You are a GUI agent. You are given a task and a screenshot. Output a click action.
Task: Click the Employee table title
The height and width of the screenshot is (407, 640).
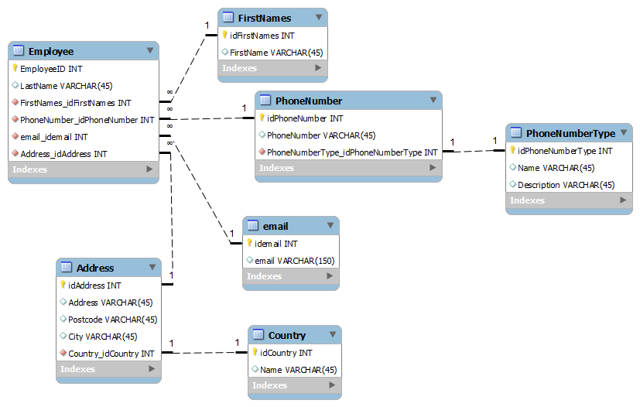tap(51, 51)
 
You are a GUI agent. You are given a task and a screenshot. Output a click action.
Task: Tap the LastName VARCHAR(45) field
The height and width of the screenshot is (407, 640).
tap(66, 86)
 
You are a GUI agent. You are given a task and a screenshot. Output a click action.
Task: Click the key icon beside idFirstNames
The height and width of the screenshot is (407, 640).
tap(225, 35)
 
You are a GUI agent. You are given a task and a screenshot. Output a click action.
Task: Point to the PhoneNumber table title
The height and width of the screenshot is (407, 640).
tap(308, 101)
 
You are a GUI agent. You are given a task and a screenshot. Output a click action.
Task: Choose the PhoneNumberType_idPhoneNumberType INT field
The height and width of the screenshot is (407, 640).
tap(352, 152)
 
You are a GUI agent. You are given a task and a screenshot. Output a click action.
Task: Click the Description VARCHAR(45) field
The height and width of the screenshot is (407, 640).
tap(566, 185)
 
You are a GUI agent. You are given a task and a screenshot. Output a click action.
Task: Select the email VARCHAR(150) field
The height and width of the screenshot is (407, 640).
tap(294, 261)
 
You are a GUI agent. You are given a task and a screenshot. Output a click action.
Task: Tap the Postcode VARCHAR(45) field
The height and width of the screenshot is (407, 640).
tap(112, 320)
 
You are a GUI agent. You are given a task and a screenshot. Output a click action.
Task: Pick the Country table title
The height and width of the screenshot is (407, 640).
tap(286, 335)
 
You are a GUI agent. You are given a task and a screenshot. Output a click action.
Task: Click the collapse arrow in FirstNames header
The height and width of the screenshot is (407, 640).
tap(318, 17)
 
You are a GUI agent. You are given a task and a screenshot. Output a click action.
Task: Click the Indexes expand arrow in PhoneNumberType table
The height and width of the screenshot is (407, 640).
tap(623, 200)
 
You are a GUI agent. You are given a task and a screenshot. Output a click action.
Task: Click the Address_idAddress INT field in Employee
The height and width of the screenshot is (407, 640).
tap(63, 154)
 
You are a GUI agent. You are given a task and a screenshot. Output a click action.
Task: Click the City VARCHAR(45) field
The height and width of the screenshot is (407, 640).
tap(102, 337)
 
